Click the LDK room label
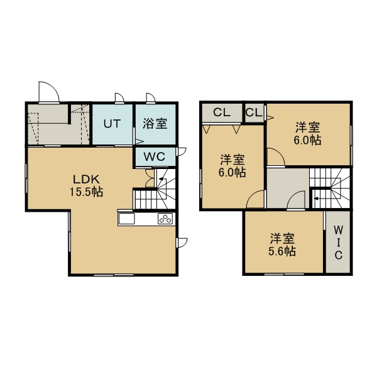[86, 179]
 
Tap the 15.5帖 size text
[86, 192]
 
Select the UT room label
[112, 124]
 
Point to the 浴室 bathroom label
[155, 124]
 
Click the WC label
[155, 156]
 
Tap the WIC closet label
[338, 243]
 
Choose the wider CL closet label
[222, 112]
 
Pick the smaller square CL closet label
[254, 112]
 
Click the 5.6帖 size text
[282, 251]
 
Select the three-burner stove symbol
[165, 219]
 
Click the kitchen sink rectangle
[126, 219]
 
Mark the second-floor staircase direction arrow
[317, 199]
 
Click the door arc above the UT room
[121, 96]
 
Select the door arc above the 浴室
[152, 96]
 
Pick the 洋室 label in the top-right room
[308, 127]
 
